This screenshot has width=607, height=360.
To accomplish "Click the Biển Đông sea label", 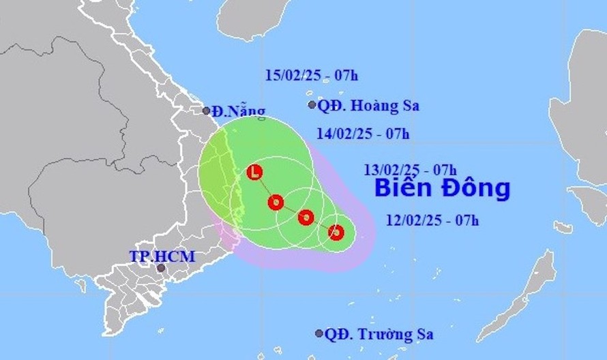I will coord(443,188).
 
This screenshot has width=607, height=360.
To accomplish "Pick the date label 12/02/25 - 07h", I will coord(433,220).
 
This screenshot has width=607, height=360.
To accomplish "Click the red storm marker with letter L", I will coord(255,172).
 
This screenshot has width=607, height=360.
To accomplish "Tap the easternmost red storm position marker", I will coord(336,233).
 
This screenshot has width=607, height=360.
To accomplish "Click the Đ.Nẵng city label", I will coord(237,112).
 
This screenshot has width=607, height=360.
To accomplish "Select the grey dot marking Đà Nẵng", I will coord(207,110).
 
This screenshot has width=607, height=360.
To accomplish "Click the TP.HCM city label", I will coord(162,256).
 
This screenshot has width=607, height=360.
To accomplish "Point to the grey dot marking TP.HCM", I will coord(161,268).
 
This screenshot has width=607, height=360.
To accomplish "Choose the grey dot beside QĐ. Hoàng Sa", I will coord(312,105).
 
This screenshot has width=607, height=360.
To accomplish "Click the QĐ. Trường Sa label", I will coord(377,334).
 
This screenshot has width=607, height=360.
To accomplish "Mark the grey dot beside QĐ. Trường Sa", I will coord(319,333).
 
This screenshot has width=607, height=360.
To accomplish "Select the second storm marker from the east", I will coord(306,217).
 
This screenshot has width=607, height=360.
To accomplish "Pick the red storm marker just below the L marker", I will coord(276,202).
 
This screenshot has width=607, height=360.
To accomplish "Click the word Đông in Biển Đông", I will coord(478,188).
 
